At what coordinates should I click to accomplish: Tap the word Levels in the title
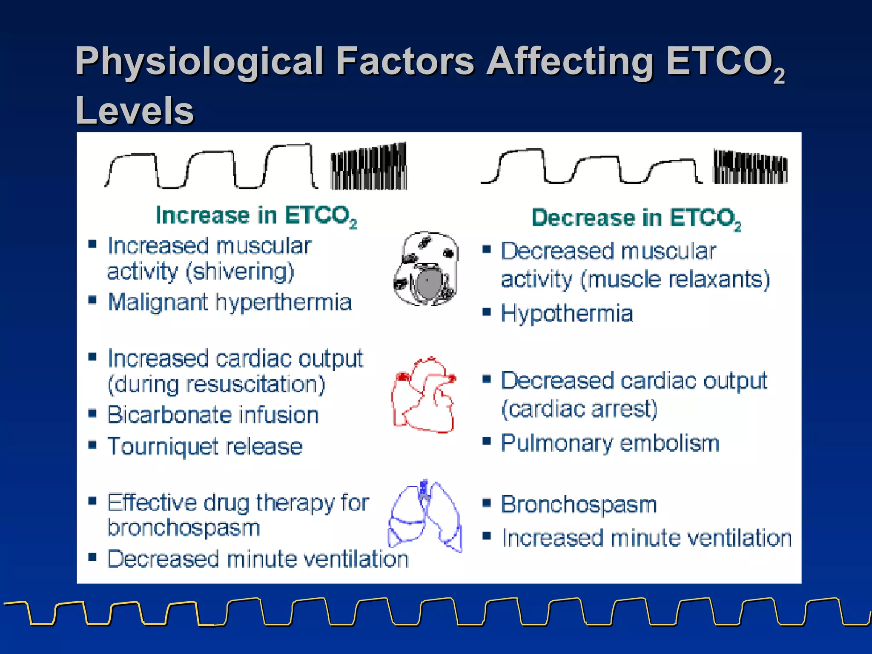135,111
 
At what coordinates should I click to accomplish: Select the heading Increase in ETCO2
256,215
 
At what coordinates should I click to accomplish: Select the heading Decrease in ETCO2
636,218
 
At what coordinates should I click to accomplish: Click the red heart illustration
424,395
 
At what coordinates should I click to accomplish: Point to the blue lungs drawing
425,516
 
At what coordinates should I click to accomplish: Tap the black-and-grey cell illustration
426,269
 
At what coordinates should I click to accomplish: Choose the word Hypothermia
567,314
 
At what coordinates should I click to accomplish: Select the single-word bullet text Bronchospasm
579,505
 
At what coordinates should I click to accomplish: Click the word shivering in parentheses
241,272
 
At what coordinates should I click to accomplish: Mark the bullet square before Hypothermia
487,312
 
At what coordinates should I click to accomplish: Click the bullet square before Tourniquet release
92,445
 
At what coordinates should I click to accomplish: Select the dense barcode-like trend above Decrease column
750,167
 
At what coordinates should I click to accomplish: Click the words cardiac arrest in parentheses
579,409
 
